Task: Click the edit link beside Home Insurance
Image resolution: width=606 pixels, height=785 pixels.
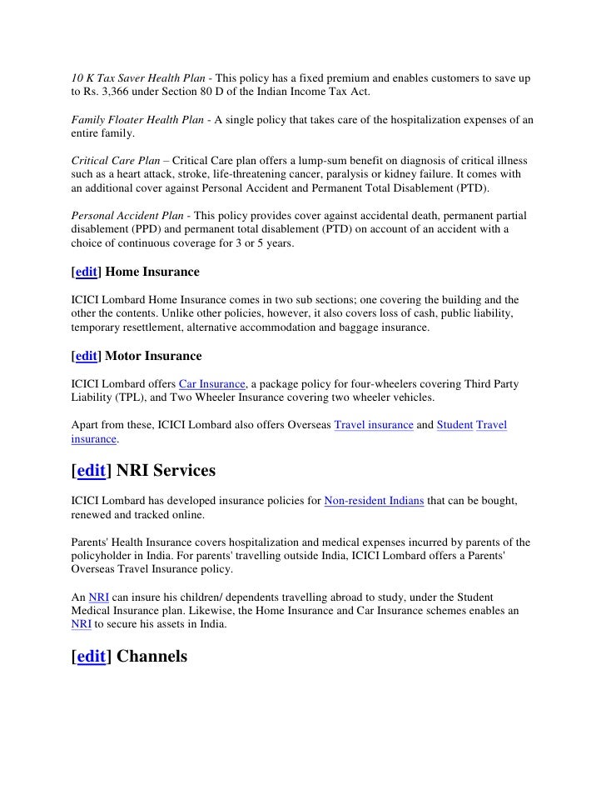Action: pyautogui.click(x=87, y=272)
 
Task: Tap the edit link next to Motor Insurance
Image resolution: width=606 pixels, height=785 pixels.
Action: pyautogui.click(x=87, y=356)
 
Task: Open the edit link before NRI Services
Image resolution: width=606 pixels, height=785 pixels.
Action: pyautogui.click(x=91, y=471)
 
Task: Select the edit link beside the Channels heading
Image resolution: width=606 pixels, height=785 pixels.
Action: pyautogui.click(x=91, y=656)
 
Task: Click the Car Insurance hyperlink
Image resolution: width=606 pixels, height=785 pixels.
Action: pyautogui.click(x=212, y=383)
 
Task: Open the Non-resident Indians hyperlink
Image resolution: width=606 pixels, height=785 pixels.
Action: pyautogui.click(x=374, y=499)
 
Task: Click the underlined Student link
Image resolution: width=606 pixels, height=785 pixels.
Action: pyautogui.click(x=454, y=425)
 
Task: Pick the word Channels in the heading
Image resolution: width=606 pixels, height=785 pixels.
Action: pyautogui.click(x=152, y=656)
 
